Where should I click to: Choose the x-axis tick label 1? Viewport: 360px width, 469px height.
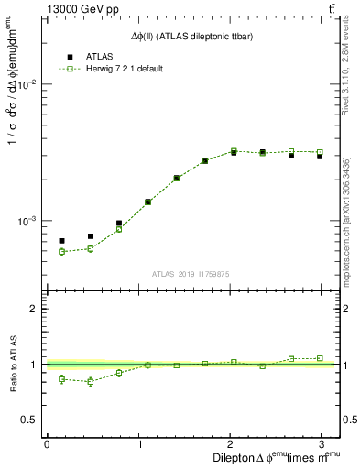point(140,443)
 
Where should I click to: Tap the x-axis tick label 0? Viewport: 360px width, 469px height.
point(47,443)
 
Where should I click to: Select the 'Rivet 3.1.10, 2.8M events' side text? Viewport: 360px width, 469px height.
point(346,64)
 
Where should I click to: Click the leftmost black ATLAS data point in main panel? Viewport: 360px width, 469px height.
point(61,241)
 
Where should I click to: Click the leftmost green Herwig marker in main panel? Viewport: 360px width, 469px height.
point(61,251)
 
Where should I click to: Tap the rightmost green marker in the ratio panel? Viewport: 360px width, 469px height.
point(320,358)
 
